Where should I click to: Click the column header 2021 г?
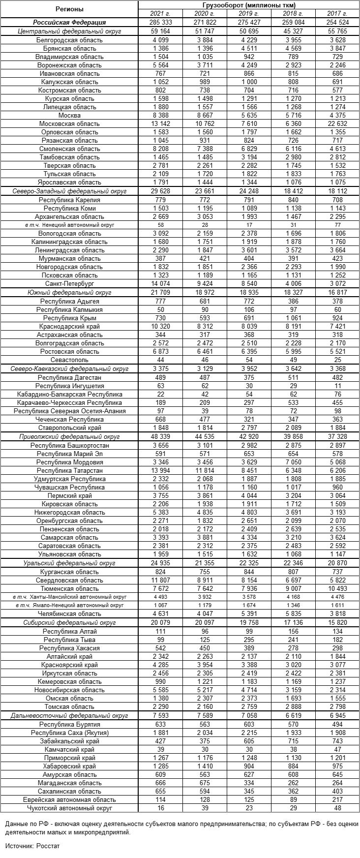pyautogui.click(x=161, y=14)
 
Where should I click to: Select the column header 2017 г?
pyautogui.click(x=337, y=14)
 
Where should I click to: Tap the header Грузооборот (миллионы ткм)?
pyautogui.click(x=248, y=5)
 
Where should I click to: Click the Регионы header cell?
pyautogui.click(x=69, y=9)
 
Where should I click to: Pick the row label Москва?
pyautogui.click(x=69, y=115)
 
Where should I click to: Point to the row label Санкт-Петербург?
pyautogui.click(x=69, y=284)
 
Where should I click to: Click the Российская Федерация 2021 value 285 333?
pyautogui.click(x=161, y=22)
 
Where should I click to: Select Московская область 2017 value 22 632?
pyautogui.click(x=337, y=123)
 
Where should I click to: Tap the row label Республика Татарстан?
pyautogui.click(x=69, y=470)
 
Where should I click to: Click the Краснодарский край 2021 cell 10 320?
pyautogui.click(x=161, y=326)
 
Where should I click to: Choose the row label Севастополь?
pyautogui.click(x=69, y=360)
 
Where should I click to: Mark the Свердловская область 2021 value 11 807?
pyautogui.click(x=161, y=580)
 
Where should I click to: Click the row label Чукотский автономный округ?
pyautogui.click(x=69, y=808)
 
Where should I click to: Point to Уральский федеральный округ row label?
pyautogui.click(x=69, y=563)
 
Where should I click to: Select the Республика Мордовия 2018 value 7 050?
pyautogui.click(x=293, y=462)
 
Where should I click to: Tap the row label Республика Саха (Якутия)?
pyautogui.click(x=69, y=733)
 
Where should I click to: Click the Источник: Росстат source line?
pyautogui.click(x=32, y=845)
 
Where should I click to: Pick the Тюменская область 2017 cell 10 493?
pyautogui.click(x=337, y=588)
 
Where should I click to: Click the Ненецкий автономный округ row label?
pyautogui.click(x=69, y=225)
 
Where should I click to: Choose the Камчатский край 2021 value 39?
pyautogui.click(x=161, y=749)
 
